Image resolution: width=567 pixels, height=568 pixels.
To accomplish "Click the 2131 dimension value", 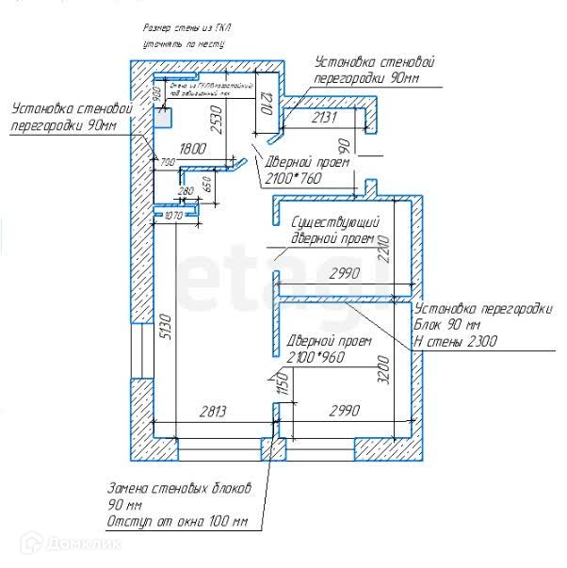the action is (324, 118).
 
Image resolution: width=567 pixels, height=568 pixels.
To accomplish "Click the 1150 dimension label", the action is (280, 385).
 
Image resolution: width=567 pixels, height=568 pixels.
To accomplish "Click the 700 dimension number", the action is (168, 164).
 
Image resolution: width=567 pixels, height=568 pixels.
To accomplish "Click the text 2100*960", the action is (316, 357).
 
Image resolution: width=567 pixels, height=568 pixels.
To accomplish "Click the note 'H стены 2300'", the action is (457, 341).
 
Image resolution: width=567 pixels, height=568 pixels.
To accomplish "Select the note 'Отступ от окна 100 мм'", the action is (177, 522).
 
